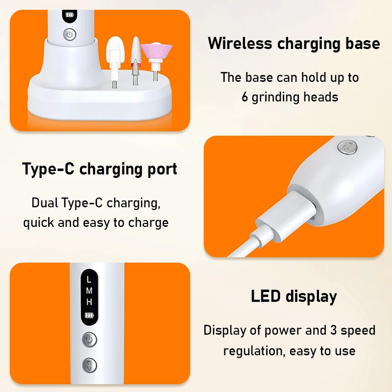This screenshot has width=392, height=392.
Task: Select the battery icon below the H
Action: click(89, 315)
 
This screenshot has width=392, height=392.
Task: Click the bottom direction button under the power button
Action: click(89, 365)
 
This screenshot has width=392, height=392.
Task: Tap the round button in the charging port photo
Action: click(348, 147)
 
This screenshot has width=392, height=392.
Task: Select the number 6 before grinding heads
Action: click(245, 97)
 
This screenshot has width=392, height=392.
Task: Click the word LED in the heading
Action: click(267, 296)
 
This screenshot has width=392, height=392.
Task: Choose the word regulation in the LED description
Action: click(254, 351)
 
